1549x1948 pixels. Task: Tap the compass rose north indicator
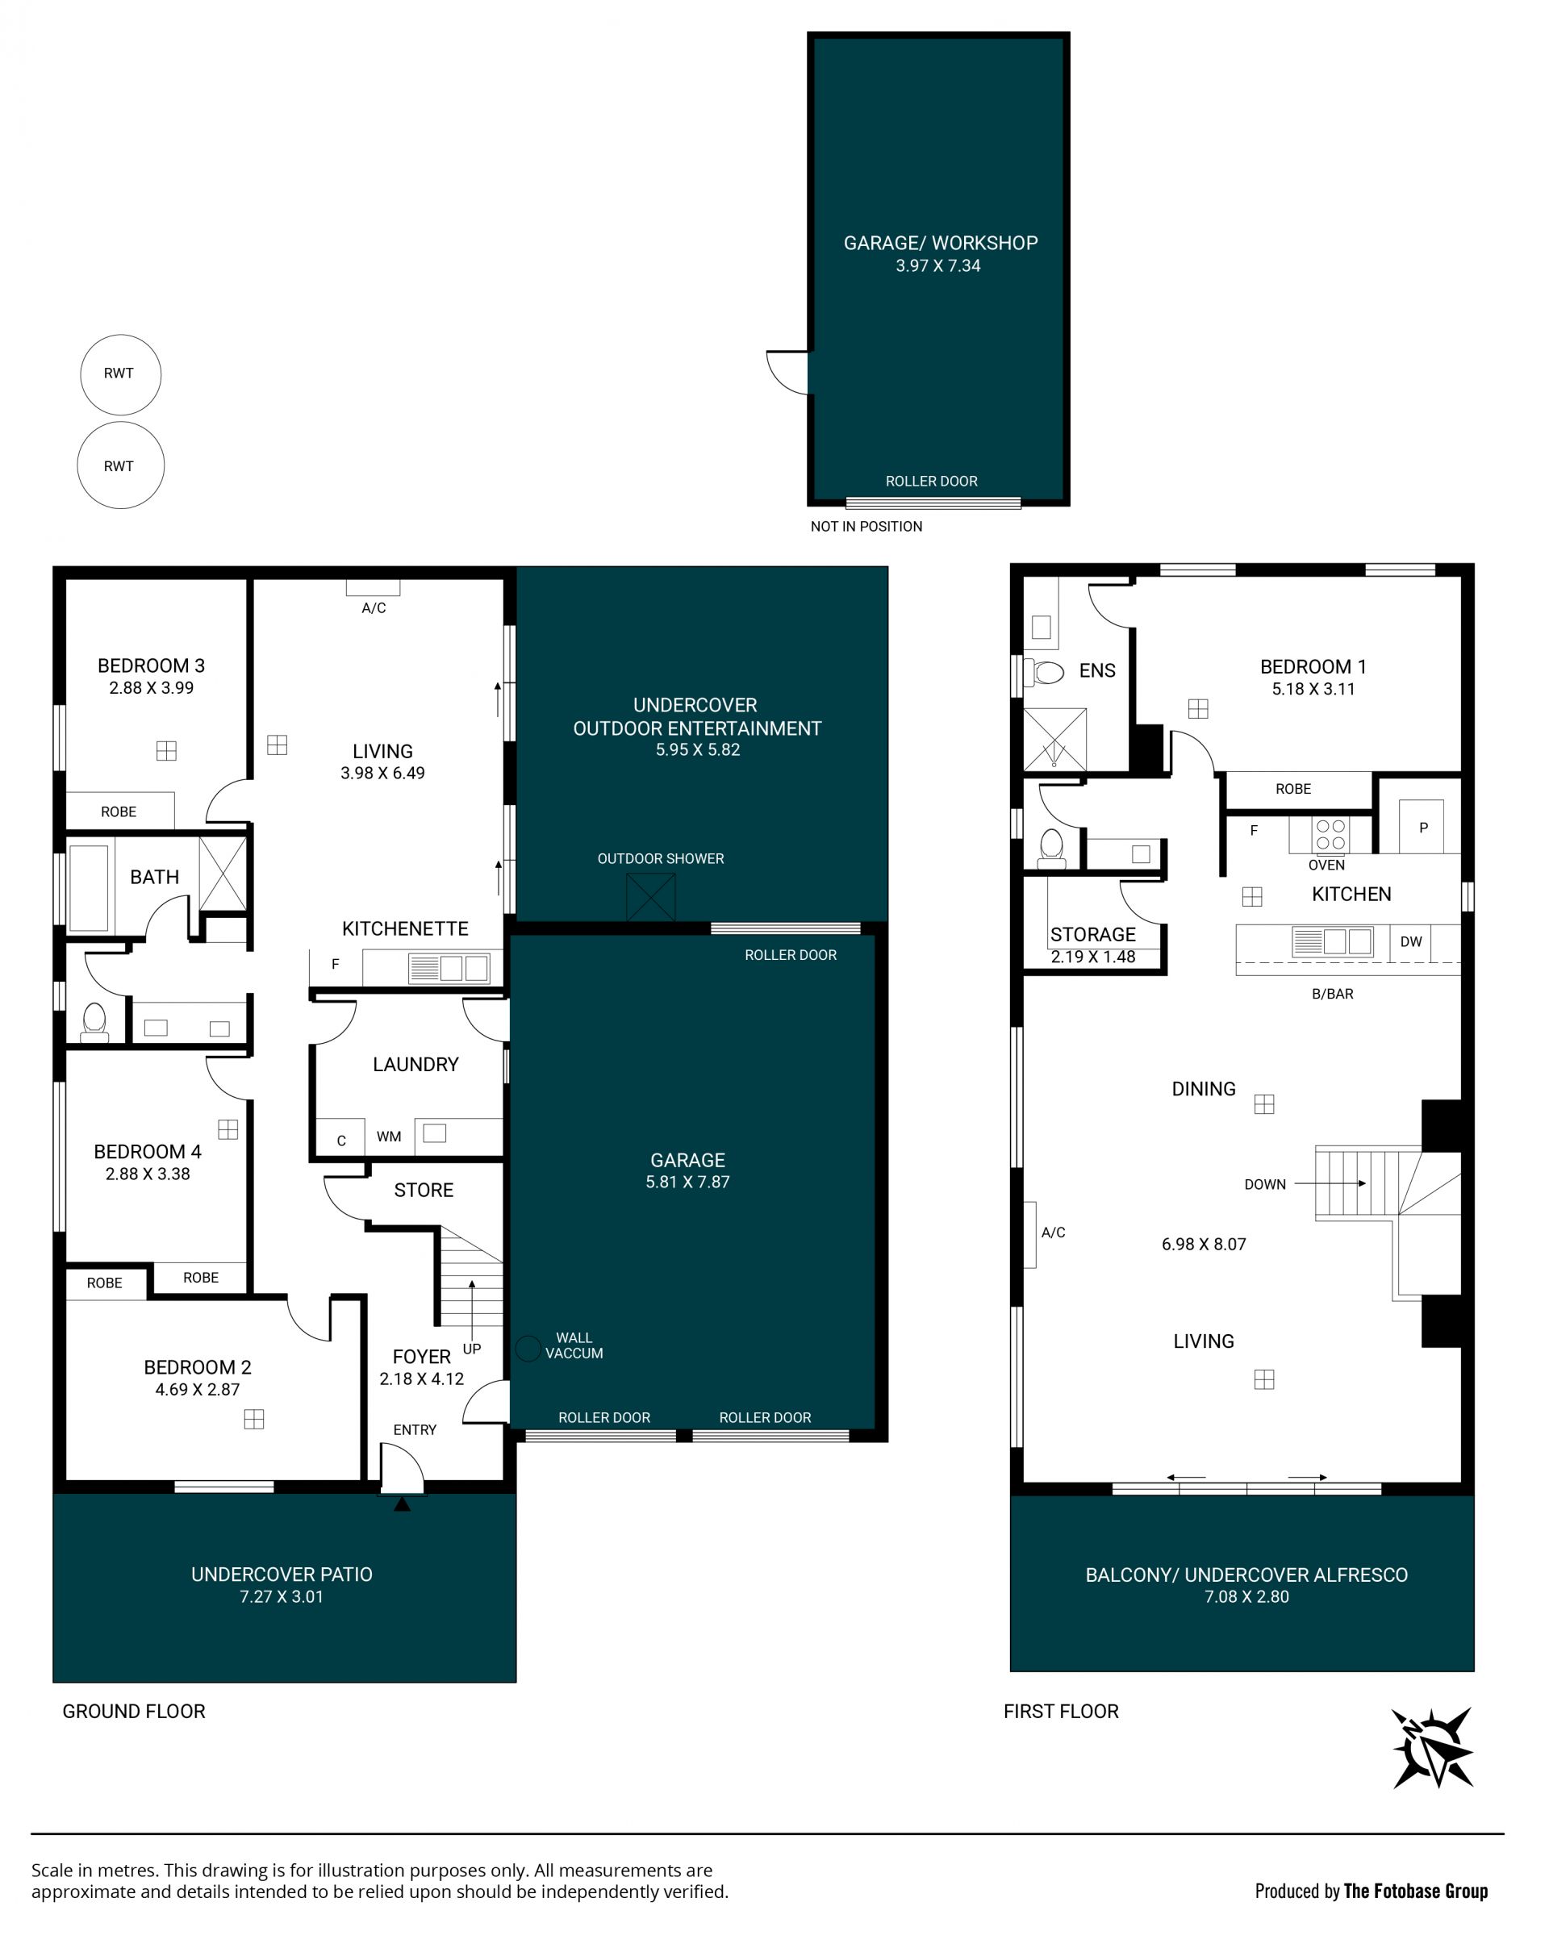(1432, 1748)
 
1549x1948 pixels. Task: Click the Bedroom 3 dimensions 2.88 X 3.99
(152, 687)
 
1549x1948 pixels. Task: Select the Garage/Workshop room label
(940, 243)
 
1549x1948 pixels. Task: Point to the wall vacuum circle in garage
(528, 1349)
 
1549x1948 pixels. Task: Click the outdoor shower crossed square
(651, 897)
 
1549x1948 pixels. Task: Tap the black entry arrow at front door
(402, 1504)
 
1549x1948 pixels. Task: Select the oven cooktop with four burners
(1330, 835)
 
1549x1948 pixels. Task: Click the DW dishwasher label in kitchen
(1411, 941)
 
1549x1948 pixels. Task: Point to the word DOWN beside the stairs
(1265, 1184)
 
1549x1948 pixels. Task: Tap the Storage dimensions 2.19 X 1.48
(1092, 957)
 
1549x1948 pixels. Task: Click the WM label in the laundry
(389, 1137)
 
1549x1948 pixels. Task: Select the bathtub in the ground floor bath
(89, 888)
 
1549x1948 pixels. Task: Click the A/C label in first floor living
(1054, 1233)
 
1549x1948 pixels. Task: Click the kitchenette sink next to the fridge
(449, 969)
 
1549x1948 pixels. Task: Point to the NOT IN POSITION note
(866, 527)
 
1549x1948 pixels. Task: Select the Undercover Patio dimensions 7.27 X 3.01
(281, 1596)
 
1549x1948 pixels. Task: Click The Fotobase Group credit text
(1415, 1891)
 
